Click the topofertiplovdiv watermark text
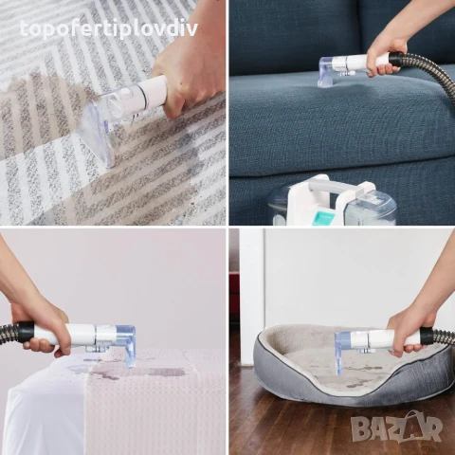pos(108,28)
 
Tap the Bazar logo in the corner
pos(396,427)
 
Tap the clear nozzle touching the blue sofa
pos(330,71)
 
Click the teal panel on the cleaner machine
pos(323,216)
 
